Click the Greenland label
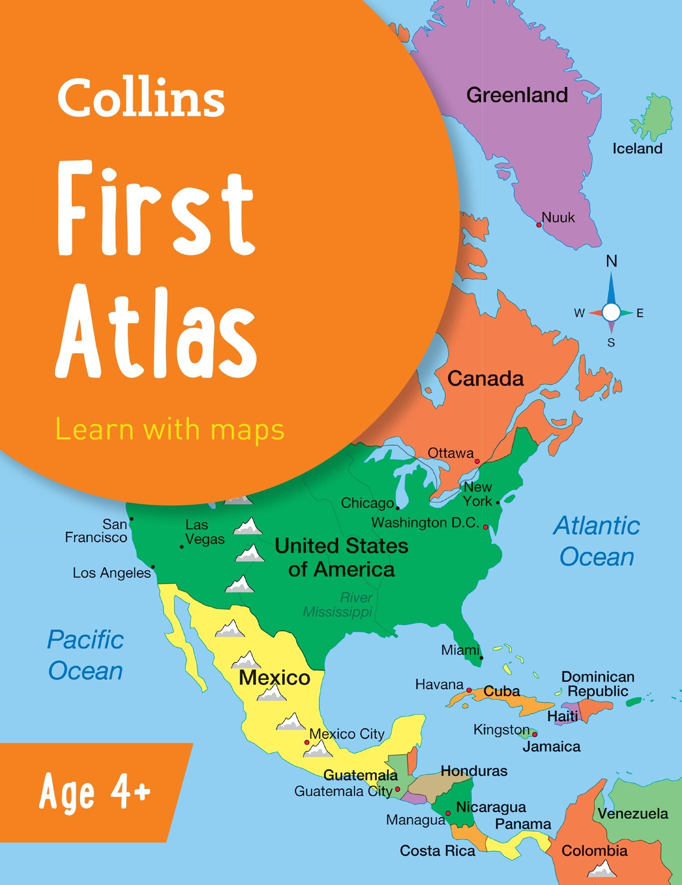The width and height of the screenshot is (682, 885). (517, 96)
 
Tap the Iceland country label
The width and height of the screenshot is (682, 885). (637, 149)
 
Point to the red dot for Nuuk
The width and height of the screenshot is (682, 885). (539, 225)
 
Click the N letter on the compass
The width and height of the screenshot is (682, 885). (612, 261)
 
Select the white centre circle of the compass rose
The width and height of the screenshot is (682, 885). (612, 312)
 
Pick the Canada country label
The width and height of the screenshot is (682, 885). (485, 379)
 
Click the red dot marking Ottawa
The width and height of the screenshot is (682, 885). (477, 461)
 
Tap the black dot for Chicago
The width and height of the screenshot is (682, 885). (397, 508)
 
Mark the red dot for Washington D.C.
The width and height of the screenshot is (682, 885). (486, 527)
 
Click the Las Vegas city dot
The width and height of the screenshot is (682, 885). (182, 547)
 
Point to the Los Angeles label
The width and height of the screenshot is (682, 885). (112, 573)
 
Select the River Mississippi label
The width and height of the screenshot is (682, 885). (338, 605)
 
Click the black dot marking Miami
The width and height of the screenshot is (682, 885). (481, 658)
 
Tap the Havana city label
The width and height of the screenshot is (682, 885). (439, 684)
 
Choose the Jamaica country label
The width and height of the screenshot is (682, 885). (551, 747)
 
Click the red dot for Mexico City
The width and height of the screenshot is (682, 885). (307, 742)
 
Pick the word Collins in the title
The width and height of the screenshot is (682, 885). (141, 98)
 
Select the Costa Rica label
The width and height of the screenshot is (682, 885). (437, 851)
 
